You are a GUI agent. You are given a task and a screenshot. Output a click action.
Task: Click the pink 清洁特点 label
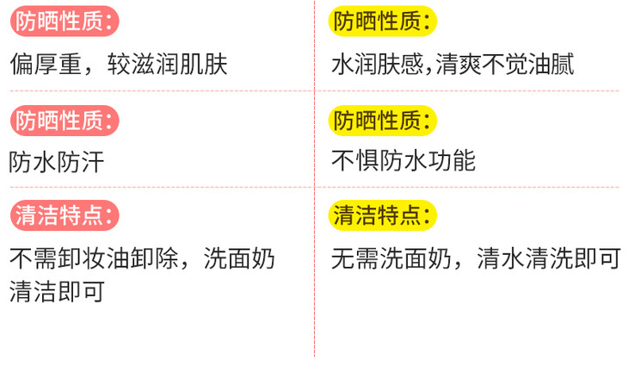click(x=65, y=215)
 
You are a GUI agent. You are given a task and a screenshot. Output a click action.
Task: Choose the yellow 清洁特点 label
click(x=384, y=215)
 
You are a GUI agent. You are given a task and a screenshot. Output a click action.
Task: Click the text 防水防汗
click(x=58, y=161)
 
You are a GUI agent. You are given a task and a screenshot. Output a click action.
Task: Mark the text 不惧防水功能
click(x=403, y=161)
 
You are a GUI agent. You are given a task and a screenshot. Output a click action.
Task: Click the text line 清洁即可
click(x=58, y=291)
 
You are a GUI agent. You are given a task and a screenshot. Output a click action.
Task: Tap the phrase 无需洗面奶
click(x=391, y=258)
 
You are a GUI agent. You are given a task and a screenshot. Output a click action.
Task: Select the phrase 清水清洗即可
click(x=549, y=258)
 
